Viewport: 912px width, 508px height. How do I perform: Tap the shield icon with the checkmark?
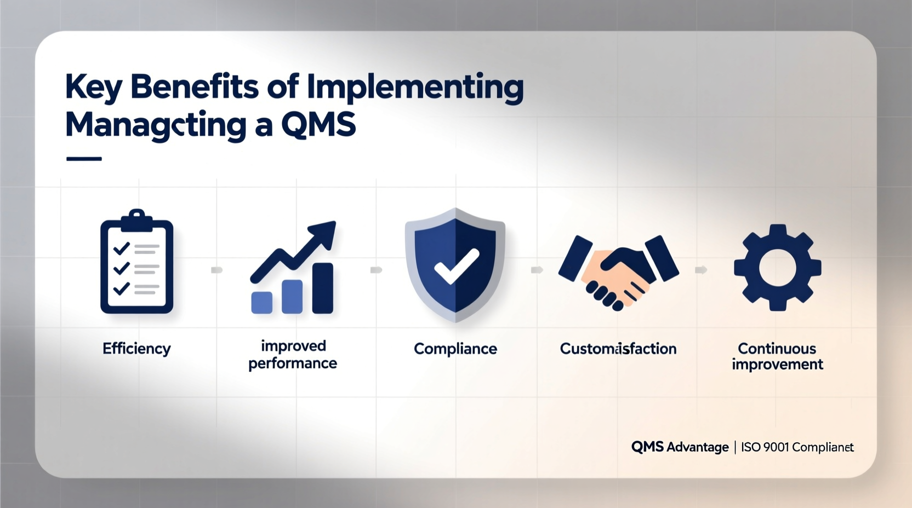click(x=455, y=264)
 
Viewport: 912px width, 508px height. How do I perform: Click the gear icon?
click(x=777, y=267)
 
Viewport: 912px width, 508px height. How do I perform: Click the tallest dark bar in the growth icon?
click(x=322, y=288)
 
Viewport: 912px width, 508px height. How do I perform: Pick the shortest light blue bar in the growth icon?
click(x=261, y=302)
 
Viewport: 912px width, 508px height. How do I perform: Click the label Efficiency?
click(x=136, y=349)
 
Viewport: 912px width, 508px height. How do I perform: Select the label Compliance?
click(x=455, y=349)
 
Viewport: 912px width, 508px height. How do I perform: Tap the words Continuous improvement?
click(x=777, y=356)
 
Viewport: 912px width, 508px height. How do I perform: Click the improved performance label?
click(x=293, y=355)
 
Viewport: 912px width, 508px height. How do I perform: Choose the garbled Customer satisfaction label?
click(x=618, y=349)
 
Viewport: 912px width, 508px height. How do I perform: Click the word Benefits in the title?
click(x=195, y=88)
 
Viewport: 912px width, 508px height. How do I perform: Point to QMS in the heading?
click(x=318, y=125)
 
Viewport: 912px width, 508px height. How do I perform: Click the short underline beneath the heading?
click(x=84, y=159)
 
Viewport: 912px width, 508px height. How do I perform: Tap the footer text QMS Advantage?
click(x=680, y=447)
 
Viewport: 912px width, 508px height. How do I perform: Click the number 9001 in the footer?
click(x=776, y=447)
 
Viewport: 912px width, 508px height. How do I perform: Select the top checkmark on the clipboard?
click(x=121, y=249)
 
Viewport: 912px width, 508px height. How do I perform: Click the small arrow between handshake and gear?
click(x=700, y=270)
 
